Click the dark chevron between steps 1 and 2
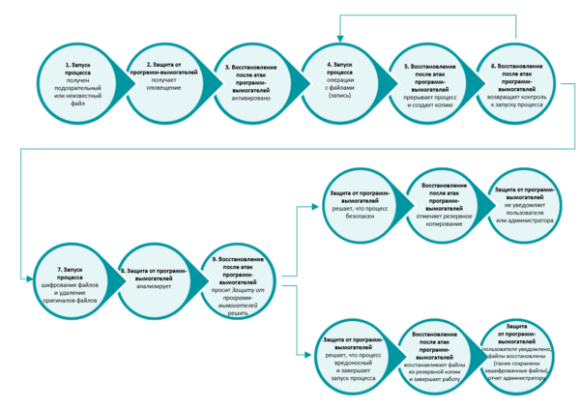(x=120, y=78)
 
